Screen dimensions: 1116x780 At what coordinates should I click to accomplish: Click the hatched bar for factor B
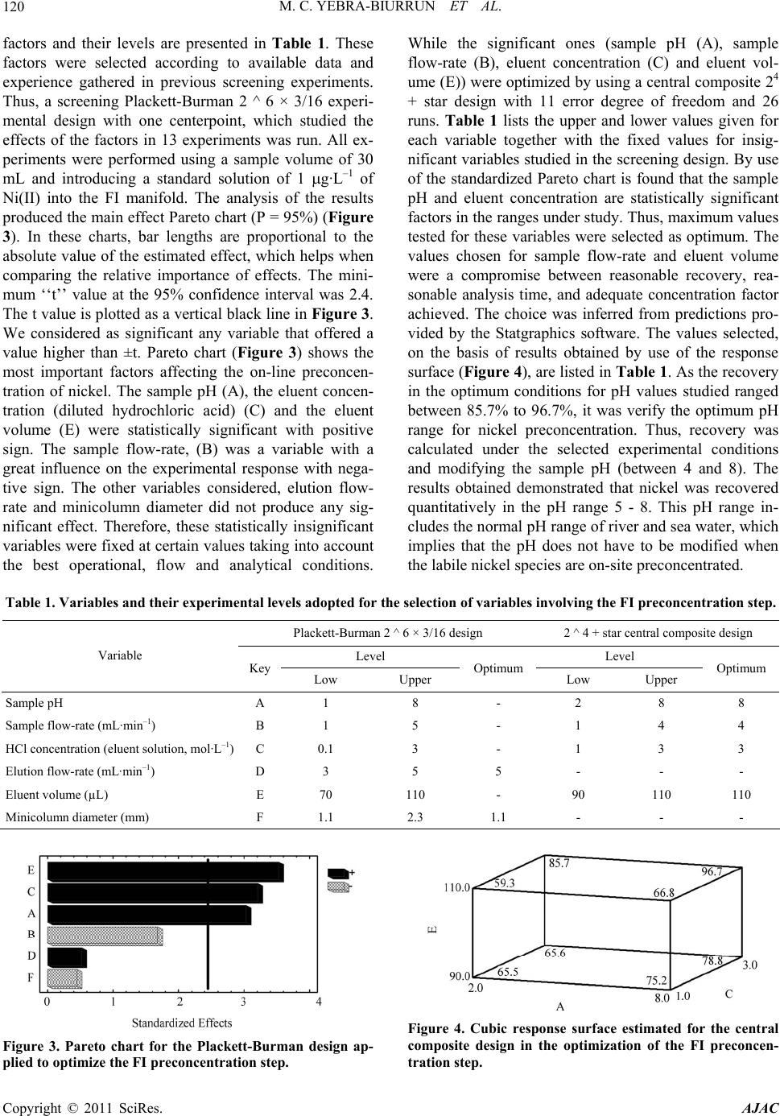[x=105, y=936]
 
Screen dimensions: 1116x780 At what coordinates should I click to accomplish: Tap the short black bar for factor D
[x=66, y=957]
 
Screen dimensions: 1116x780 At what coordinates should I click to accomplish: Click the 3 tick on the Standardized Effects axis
[x=243, y=1002]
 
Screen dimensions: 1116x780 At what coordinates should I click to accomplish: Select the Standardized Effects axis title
[x=182, y=1023]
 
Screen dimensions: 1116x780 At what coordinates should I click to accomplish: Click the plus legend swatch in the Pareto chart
[x=338, y=872]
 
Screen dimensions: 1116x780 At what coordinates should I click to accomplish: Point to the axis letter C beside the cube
[x=728, y=994]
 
